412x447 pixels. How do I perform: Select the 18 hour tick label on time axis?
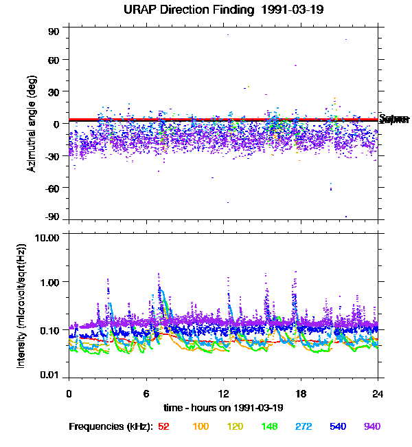(x=300, y=393)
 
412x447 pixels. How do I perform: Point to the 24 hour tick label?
(x=378, y=393)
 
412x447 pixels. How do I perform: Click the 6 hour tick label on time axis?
(x=146, y=393)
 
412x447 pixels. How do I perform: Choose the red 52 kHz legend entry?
(x=163, y=426)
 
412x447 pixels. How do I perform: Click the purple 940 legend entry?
(x=371, y=426)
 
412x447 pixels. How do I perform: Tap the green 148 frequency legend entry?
(x=268, y=426)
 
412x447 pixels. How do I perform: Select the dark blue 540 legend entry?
(x=337, y=426)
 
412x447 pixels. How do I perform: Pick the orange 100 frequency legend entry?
(x=200, y=426)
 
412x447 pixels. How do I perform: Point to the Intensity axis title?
(x=22, y=305)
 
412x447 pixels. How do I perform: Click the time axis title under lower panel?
(x=223, y=408)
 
